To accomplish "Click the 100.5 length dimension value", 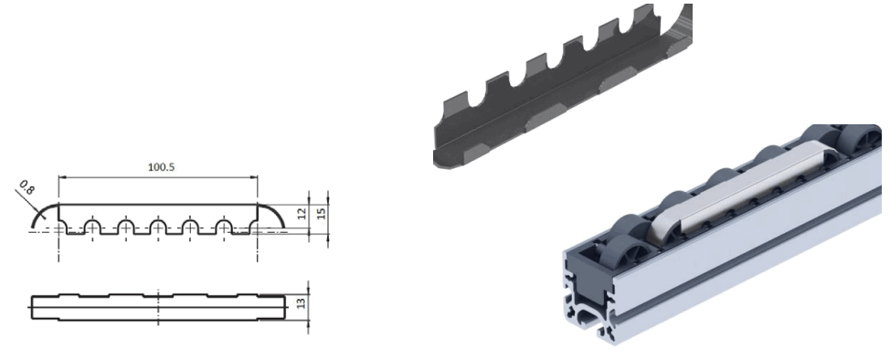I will pyautogui.click(x=158, y=168).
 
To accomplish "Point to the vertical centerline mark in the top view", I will pyautogui.click(x=158, y=305).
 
